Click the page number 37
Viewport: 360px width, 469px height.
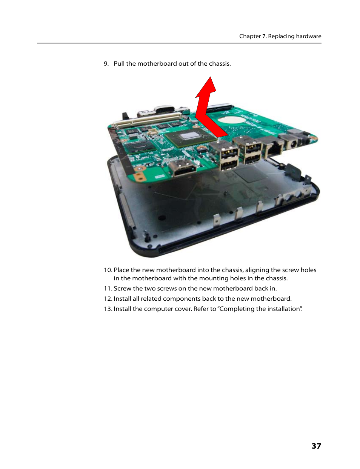click(316, 446)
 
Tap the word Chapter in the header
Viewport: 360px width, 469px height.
click(250, 36)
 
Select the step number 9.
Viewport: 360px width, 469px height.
click(106, 64)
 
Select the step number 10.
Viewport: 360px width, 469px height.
click(108, 270)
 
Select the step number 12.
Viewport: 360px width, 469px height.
click(108, 299)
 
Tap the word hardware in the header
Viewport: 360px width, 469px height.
click(308, 36)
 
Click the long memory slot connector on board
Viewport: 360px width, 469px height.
click(149, 118)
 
